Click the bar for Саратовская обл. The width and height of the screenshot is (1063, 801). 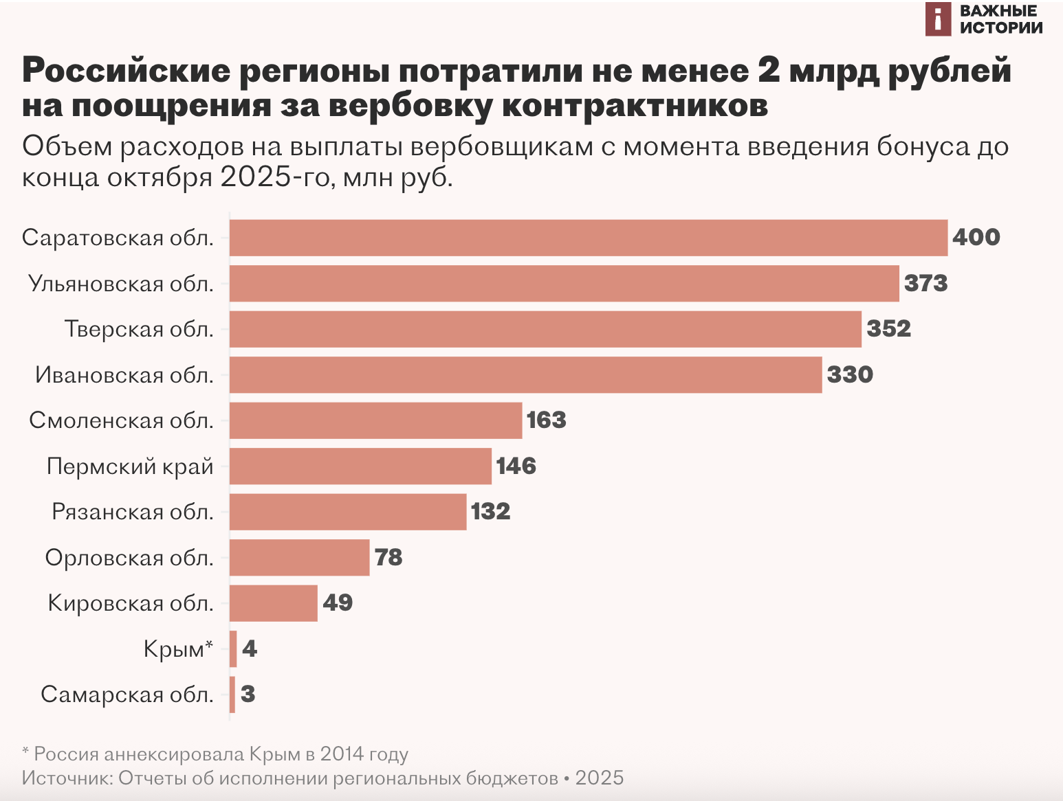[x=588, y=238]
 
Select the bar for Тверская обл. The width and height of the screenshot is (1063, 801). [x=545, y=329]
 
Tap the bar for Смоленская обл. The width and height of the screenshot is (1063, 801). [x=375, y=420]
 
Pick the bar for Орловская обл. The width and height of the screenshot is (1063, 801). [x=299, y=557]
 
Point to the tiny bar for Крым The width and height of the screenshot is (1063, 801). [x=233, y=648]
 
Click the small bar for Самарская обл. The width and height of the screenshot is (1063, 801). [x=232, y=695]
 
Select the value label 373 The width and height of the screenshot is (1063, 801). [x=925, y=284]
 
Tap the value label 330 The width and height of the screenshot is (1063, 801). [x=850, y=375]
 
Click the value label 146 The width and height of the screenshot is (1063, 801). [x=516, y=466]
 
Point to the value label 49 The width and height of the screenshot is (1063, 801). [x=338, y=603]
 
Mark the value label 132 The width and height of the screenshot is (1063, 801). [x=490, y=512]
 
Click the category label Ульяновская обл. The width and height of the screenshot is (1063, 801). [x=121, y=284]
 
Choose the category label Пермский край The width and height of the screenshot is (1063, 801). [x=130, y=466]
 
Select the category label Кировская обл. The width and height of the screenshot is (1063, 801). [x=131, y=603]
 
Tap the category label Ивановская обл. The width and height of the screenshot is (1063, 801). [x=124, y=375]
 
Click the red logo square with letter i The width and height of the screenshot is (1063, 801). [x=938, y=19]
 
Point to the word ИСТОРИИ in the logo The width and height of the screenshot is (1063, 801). [x=1000, y=27]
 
